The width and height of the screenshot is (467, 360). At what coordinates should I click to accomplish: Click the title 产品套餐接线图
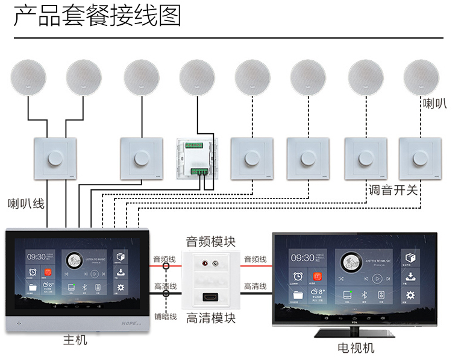point(97,16)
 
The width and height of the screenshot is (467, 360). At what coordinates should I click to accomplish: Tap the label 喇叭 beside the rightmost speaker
point(434,103)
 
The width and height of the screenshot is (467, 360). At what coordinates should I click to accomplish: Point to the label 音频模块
point(210,242)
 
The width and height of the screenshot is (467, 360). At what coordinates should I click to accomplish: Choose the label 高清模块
point(210,318)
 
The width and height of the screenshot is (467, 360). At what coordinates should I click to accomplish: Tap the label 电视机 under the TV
point(356,348)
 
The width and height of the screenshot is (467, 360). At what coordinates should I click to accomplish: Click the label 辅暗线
point(165,317)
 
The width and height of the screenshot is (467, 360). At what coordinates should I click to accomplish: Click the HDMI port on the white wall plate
point(210,298)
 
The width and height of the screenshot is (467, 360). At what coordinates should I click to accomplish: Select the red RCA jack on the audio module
point(205,264)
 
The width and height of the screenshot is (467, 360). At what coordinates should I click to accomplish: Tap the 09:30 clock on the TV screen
point(303,257)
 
